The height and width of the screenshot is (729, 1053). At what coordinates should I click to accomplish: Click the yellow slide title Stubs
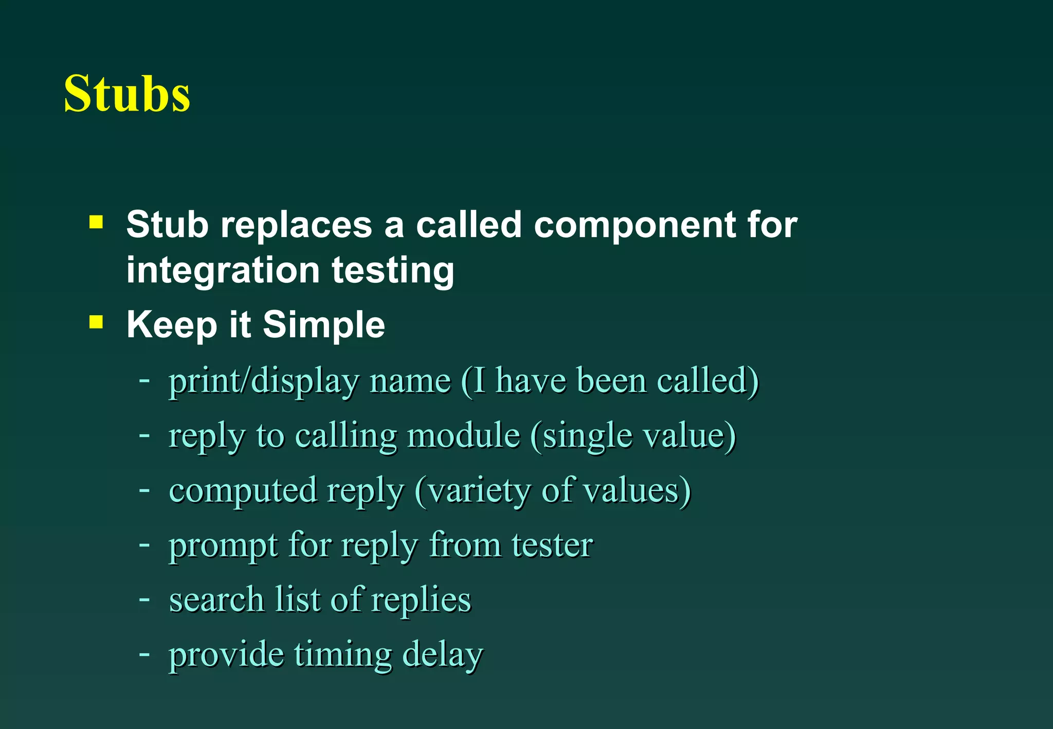pyautogui.click(x=127, y=94)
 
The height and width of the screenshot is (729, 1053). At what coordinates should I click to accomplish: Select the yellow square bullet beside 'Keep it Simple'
pyautogui.click(x=96, y=322)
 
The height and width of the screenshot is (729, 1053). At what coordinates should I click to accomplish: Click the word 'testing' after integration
pyautogui.click(x=393, y=271)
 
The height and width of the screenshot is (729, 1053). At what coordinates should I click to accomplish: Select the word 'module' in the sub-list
pyautogui.click(x=463, y=436)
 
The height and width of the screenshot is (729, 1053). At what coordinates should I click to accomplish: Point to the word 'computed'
pyautogui.click(x=243, y=491)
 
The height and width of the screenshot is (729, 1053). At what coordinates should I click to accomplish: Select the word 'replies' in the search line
pyautogui.click(x=421, y=600)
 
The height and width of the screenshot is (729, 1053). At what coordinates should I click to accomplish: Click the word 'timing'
pyautogui.click(x=343, y=655)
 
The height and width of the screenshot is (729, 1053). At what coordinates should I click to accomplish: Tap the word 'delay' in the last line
pyautogui.click(x=443, y=655)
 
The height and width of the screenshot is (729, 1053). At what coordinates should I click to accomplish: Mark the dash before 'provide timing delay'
pyautogui.click(x=144, y=654)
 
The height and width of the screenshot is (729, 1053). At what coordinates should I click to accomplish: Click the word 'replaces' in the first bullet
pyautogui.click(x=296, y=226)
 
